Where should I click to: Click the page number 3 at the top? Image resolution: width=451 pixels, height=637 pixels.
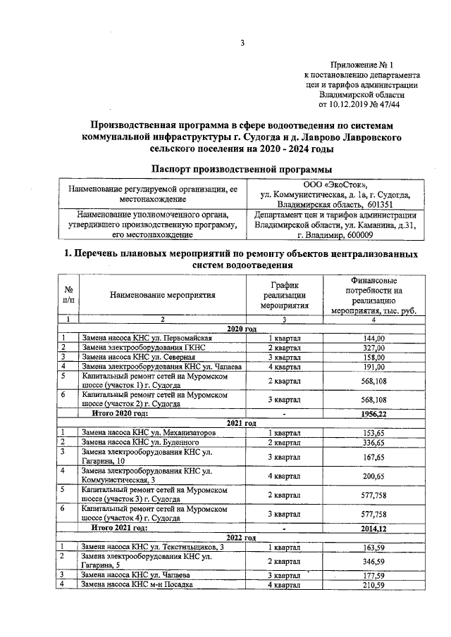click(241, 43)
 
